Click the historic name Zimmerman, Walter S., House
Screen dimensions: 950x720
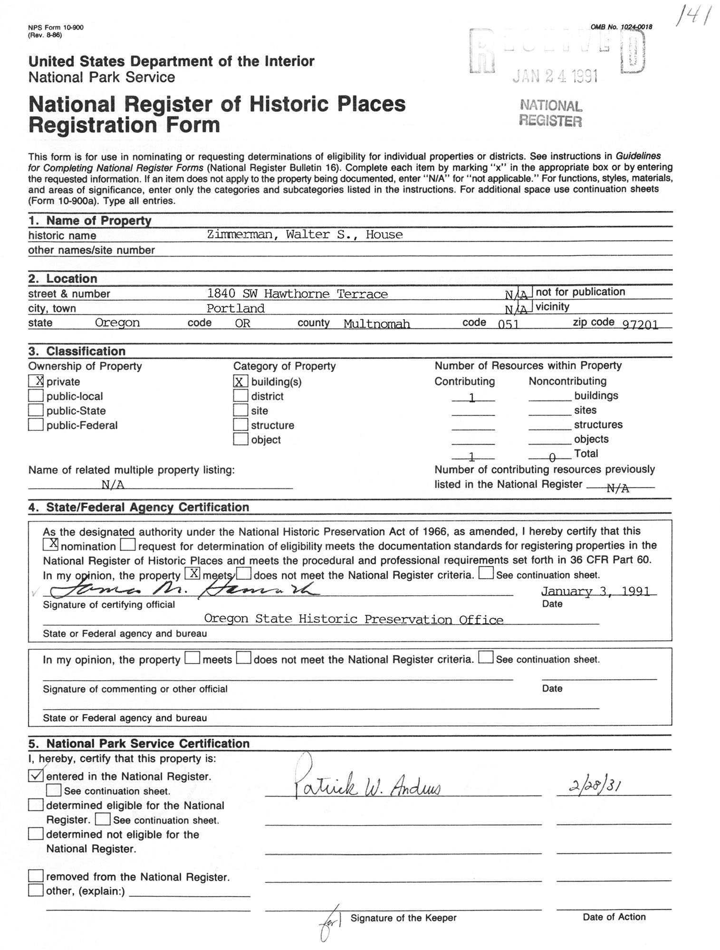[305, 235]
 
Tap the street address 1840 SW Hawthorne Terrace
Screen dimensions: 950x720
[297, 294]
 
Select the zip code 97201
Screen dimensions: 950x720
[640, 325]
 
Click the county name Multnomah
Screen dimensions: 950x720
[376, 324]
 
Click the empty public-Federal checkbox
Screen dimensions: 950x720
[36, 425]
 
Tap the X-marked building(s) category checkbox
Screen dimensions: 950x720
[240, 381]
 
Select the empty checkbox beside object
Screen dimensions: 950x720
[240, 439]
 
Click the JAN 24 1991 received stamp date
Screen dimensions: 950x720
[555, 76]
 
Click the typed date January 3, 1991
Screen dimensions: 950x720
[595, 591]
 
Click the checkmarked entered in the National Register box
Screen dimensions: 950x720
[36, 776]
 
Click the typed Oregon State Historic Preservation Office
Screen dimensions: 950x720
[354, 619]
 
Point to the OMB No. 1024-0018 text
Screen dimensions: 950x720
[621, 27]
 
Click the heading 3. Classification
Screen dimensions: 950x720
[77, 351]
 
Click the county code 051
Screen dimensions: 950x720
[508, 324]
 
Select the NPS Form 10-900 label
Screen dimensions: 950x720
[56, 28]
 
